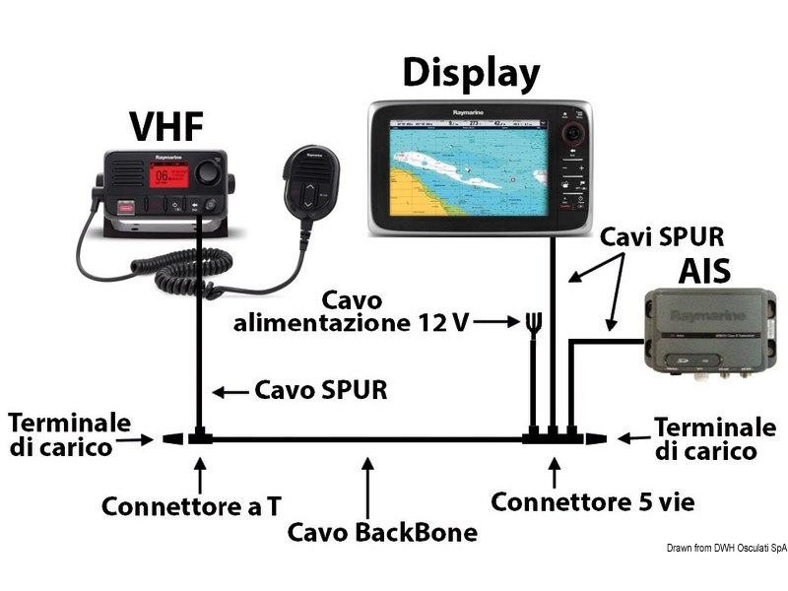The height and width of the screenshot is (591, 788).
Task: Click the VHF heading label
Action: [x=167, y=127]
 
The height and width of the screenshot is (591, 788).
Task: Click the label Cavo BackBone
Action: [x=382, y=533]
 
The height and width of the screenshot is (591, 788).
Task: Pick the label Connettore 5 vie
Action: [x=592, y=502]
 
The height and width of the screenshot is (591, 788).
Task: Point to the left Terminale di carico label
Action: [x=69, y=434]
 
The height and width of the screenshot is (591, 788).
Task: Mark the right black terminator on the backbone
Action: [x=594, y=437]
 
